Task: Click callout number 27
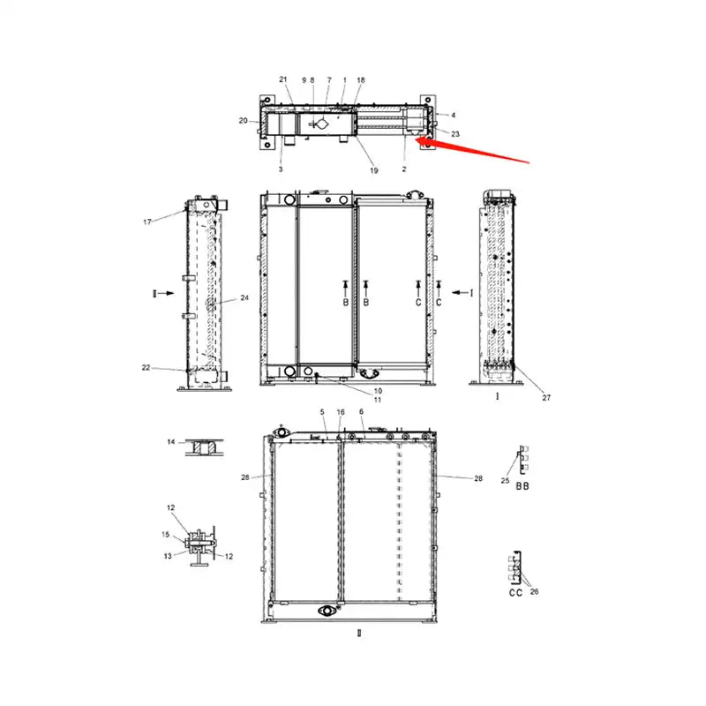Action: coord(546,397)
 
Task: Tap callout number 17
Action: coord(147,222)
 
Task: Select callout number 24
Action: coord(244,298)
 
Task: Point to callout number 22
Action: coord(146,367)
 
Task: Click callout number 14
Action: coord(171,440)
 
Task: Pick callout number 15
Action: coord(165,535)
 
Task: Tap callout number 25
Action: coord(505,481)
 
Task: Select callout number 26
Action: coord(533,591)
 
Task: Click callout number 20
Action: coord(243,120)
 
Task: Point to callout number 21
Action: coord(283,79)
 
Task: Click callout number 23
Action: coord(455,133)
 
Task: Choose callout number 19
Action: coord(373,169)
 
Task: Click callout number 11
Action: coord(377,401)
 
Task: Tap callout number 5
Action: coord(322,412)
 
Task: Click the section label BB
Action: coord(522,486)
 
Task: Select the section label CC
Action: coord(515,593)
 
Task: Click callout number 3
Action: coord(281,168)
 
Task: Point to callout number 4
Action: coord(454,116)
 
